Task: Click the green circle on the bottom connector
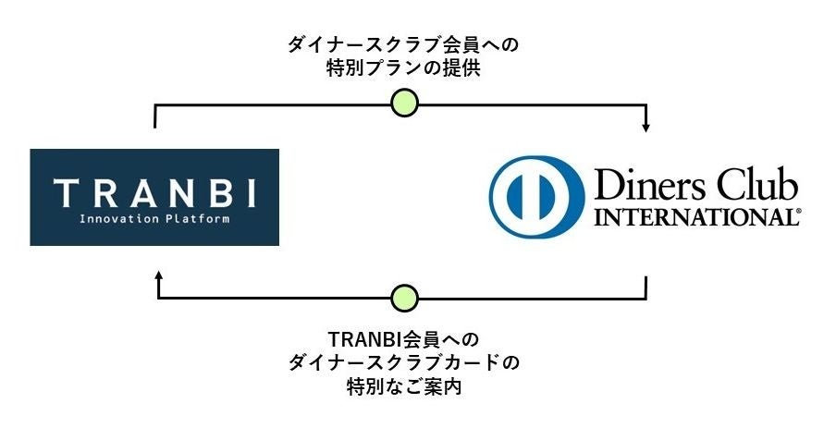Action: (404, 298)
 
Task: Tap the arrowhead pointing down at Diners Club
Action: (646, 127)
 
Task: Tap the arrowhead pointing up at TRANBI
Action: (159, 275)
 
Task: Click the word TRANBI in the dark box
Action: (154, 193)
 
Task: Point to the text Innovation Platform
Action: (154, 220)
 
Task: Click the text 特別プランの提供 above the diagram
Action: (403, 68)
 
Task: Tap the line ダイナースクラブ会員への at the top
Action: (404, 43)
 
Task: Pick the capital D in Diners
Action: (607, 185)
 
